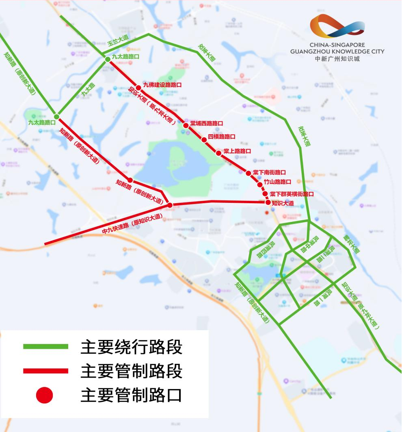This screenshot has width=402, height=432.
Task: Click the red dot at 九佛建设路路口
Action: (138, 87)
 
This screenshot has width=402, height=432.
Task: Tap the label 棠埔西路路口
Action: (207, 123)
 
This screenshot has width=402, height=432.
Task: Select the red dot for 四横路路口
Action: (204, 140)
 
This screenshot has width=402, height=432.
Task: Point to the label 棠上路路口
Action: (237, 151)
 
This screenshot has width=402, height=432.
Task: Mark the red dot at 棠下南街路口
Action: (248, 173)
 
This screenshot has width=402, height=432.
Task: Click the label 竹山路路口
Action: (277, 182)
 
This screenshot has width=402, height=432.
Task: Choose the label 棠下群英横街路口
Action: (292, 194)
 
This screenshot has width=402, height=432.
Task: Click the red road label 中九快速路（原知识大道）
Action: (132, 224)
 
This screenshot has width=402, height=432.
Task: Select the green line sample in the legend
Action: (45, 346)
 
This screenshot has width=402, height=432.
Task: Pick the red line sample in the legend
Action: (45, 371)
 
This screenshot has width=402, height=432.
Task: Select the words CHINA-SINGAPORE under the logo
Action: (337, 45)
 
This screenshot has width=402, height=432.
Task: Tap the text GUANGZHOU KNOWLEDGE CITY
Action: (337, 52)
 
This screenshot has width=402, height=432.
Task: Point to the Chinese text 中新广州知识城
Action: (337, 58)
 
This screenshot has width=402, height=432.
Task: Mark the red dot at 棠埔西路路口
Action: (186, 125)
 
